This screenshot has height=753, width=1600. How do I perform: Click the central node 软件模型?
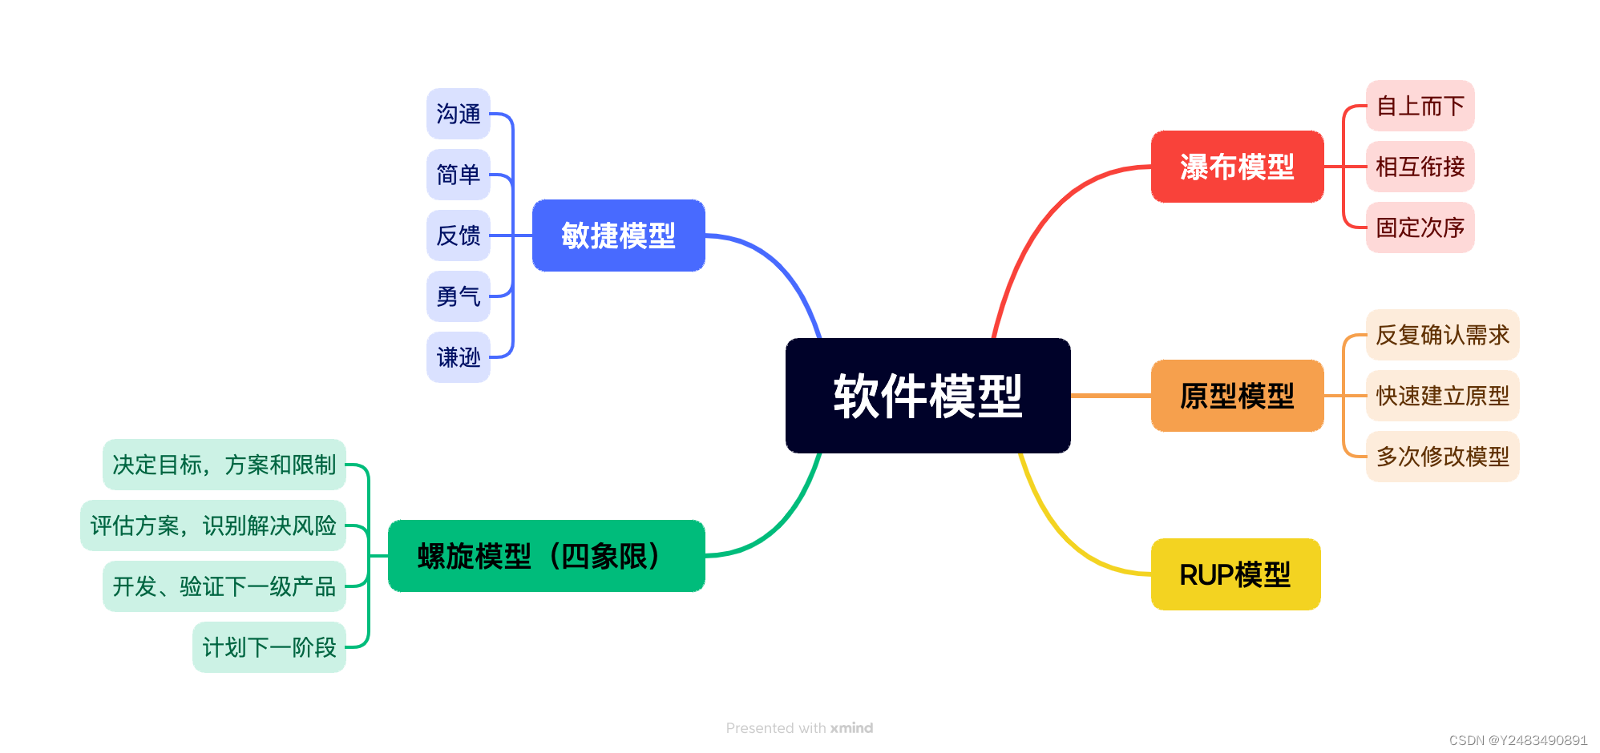[927, 396]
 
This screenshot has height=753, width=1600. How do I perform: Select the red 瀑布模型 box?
[1237, 167]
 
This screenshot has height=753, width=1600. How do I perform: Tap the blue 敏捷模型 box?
[618, 236]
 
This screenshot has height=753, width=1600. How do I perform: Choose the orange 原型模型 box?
[1237, 396]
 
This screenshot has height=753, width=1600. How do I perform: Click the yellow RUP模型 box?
[1235, 574]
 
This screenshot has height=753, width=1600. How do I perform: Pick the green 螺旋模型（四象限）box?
[546, 556]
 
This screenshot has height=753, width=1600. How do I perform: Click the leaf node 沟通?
[458, 114]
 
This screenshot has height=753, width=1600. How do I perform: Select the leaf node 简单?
[458, 175]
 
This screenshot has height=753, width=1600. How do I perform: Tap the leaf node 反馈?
[458, 236]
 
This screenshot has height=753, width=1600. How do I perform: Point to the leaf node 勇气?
[458, 296]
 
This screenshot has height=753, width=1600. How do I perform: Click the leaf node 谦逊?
[458, 357]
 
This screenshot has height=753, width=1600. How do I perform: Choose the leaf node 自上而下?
[1420, 106]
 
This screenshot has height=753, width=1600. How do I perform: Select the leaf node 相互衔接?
[1420, 167]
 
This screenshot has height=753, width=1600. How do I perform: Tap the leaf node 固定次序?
[1420, 228]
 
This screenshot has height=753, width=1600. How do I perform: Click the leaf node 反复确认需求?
[1442, 335]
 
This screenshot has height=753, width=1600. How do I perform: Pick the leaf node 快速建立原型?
[1442, 396]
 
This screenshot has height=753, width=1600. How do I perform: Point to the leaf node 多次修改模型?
[1442, 457]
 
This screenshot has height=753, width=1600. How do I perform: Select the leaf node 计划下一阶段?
[269, 647]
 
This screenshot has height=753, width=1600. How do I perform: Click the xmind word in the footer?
[851, 728]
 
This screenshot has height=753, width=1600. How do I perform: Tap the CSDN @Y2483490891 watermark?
[1517, 740]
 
